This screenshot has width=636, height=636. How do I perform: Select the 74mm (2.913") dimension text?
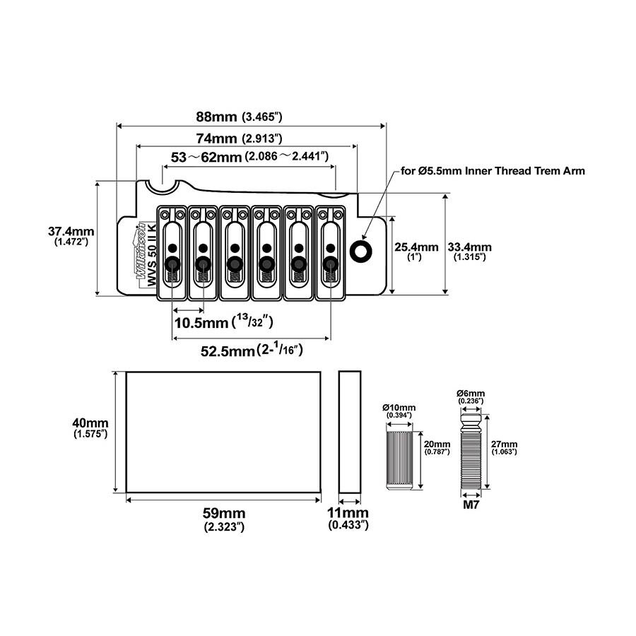(x=239, y=139)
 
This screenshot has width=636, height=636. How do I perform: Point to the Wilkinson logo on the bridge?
(x=141, y=251)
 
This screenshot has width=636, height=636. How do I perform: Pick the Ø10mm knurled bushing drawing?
(x=399, y=460)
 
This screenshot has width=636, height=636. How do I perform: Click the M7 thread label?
(x=471, y=505)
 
